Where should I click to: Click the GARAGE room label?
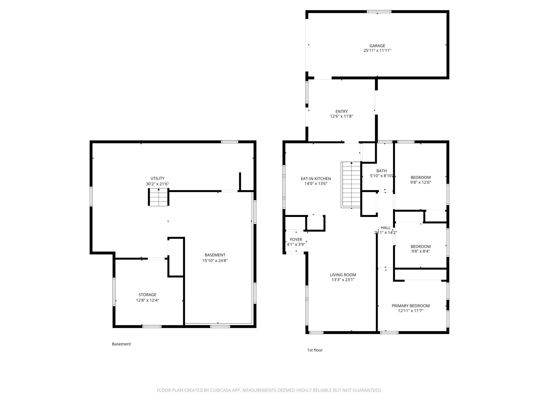coord(377,46)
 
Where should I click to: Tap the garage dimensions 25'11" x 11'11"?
coord(377,51)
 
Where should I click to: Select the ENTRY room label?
coord(342,112)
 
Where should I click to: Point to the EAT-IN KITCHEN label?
coord(316,179)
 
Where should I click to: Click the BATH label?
coord(381,171)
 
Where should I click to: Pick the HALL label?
coord(386,228)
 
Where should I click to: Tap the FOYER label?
coord(296,240)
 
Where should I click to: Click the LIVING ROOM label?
coord(343,275)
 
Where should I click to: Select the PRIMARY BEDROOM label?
coord(410,306)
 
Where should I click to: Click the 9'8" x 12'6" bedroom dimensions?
coord(421,182)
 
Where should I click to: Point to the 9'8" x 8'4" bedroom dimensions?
coord(421,251)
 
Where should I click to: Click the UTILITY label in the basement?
coord(157,178)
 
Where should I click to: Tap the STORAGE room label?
coord(147,295)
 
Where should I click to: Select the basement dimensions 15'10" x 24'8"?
coord(215,261)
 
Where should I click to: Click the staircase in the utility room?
coord(159,197)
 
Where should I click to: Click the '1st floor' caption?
coord(315,350)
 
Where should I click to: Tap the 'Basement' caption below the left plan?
coord(121,344)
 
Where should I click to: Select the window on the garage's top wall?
coord(379,12)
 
